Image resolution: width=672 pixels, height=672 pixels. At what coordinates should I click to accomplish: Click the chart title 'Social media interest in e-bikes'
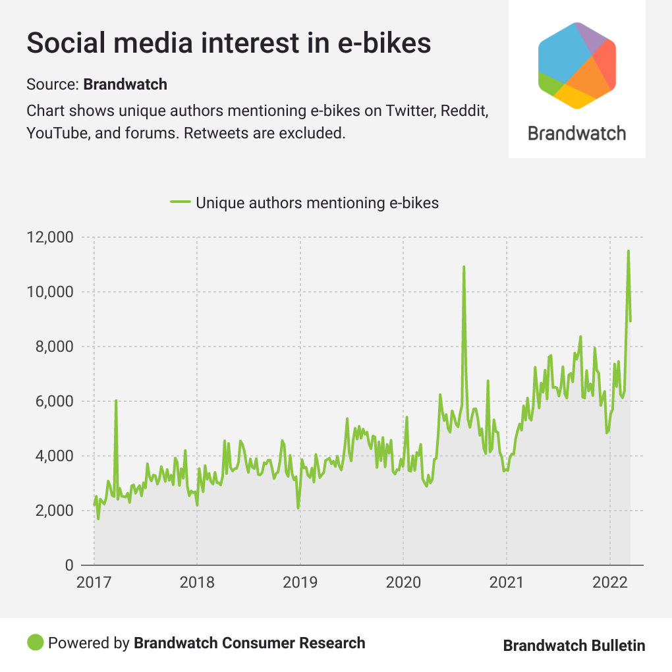coord(229,43)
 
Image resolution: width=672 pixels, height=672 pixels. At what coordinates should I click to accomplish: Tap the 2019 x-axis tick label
coord(300,583)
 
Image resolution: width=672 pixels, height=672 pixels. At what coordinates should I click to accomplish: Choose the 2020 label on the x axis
coord(403,583)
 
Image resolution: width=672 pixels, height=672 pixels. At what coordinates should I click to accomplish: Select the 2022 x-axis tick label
coord(609,583)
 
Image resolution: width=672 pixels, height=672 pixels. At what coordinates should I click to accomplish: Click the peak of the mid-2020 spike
coord(464,267)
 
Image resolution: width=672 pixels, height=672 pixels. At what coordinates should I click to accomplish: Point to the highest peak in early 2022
coord(629,251)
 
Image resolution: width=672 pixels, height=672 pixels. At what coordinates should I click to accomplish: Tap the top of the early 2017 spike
coord(116,401)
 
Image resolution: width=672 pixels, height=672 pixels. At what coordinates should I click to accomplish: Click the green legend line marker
coord(180,202)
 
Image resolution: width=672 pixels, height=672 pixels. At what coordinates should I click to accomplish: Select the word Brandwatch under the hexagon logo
coord(577,134)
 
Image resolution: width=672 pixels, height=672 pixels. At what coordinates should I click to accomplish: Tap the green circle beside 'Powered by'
coord(36,642)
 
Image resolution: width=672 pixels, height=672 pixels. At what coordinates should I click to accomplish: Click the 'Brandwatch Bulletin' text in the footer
coord(574,645)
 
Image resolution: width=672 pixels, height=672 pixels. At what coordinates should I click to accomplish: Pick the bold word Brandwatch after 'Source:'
coord(125,84)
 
